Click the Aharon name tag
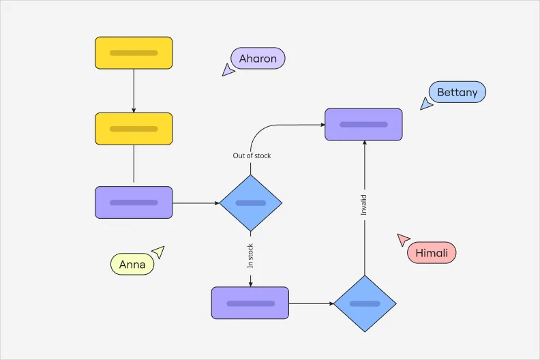click(x=258, y=59)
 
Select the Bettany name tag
click(x=457, y=92)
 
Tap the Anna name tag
click(x=132, y=264)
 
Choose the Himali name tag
click(x=432, y=253)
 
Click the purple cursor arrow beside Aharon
click(x=228, y=70)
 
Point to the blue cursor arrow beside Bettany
click(x=426, y=104)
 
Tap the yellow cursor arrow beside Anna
click(x=158, y=252)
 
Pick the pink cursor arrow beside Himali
click(x=403, y=239)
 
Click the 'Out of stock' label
click(x=252, y=155)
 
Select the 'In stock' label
click(x=250, y=256)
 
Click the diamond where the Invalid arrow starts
click(x=365, y=303)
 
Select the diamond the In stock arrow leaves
click(x=250, y=202)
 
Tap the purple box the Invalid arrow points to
click(x=363, y=124)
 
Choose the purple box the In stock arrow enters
click(x=250, y=303)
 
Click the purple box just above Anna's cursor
click(x=134, y=202)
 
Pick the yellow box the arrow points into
click(x=134, y=129)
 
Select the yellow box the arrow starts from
click(x=134, y=52)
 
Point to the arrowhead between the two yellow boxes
click(x=134, y=110)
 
